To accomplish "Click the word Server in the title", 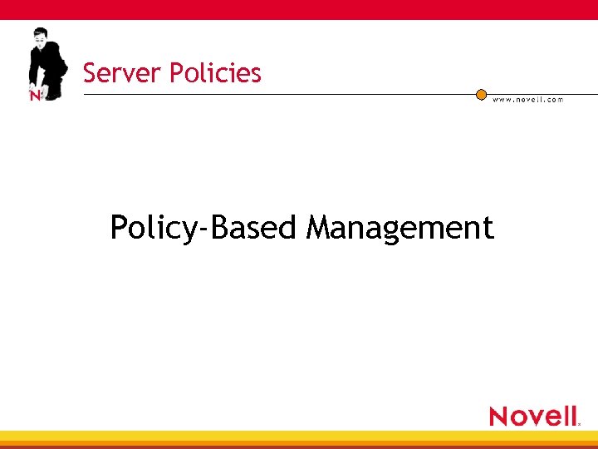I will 122,73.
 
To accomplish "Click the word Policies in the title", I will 215,73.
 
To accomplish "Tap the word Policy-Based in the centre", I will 203,227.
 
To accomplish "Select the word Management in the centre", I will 399,227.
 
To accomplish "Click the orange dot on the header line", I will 481,95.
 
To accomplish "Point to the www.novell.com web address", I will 527,100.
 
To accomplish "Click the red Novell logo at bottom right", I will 533,415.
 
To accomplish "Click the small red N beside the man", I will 35,96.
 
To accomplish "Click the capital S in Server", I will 89,73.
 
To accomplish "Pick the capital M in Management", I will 320,226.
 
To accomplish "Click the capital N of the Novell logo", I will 500,416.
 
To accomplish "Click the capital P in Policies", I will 174,73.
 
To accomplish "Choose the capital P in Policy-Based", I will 118,226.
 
